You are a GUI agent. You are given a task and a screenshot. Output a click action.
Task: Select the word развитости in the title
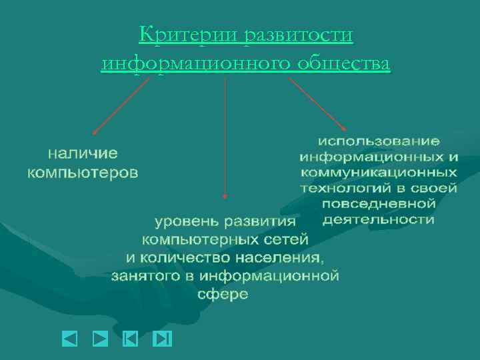click(x=297, y=35)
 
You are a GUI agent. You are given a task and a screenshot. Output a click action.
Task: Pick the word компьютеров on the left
click(x=83, y=173)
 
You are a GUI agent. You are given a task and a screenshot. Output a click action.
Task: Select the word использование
click(x=378, y=141)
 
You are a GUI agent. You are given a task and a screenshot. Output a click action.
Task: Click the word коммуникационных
click(x=378, y=172)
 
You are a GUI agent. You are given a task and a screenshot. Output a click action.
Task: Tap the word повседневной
click(x=378, y=203)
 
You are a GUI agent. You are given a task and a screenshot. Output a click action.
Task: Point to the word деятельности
click(x=378, y=219)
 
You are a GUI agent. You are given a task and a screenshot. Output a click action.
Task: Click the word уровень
click(x=186, y=222)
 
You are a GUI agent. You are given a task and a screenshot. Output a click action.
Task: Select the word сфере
click(x=223, y=294)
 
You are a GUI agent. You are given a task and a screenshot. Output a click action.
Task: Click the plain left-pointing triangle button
click(x=70, y=339)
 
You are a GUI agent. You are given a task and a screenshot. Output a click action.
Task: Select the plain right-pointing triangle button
click(x=100, y=339)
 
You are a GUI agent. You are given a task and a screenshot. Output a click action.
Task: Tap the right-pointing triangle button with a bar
click(x=162, y=339)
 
